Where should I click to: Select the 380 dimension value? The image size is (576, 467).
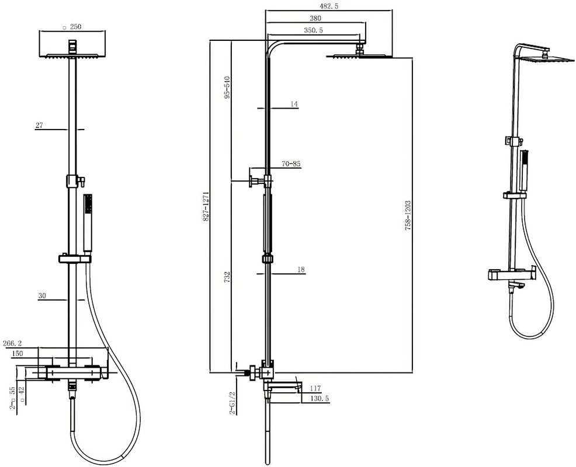pyautogui.click(x=315, y=18)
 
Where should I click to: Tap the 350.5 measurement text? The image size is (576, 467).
pyautogui.click(x=313, y=30)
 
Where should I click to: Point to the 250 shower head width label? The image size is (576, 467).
pyautogui.click(x=75, y=26)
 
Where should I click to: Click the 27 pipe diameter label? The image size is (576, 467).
pyautogui.click(x=39, y=125)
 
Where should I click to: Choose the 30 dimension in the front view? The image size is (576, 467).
pyautogui.click(x=42, y=296)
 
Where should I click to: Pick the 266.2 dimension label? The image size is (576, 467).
pyautogui.click(x=12, y=343)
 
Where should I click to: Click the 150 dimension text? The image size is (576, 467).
pyautogui.click(x=18, y=354)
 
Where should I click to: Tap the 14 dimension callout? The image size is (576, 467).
pyautogui.click(x=294, y=104)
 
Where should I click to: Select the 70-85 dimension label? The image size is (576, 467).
pyautogui.click(x=292, y=164)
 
